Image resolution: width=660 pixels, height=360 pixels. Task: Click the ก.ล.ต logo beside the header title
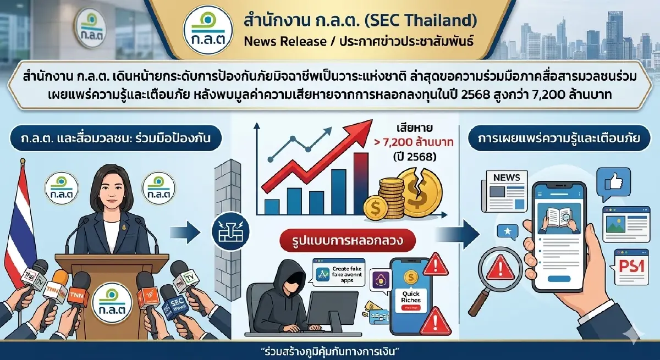point(209,29)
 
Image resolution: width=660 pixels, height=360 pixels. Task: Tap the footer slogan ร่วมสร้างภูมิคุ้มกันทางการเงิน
point(329,351)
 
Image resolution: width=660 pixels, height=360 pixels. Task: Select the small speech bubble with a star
point(505,232)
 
